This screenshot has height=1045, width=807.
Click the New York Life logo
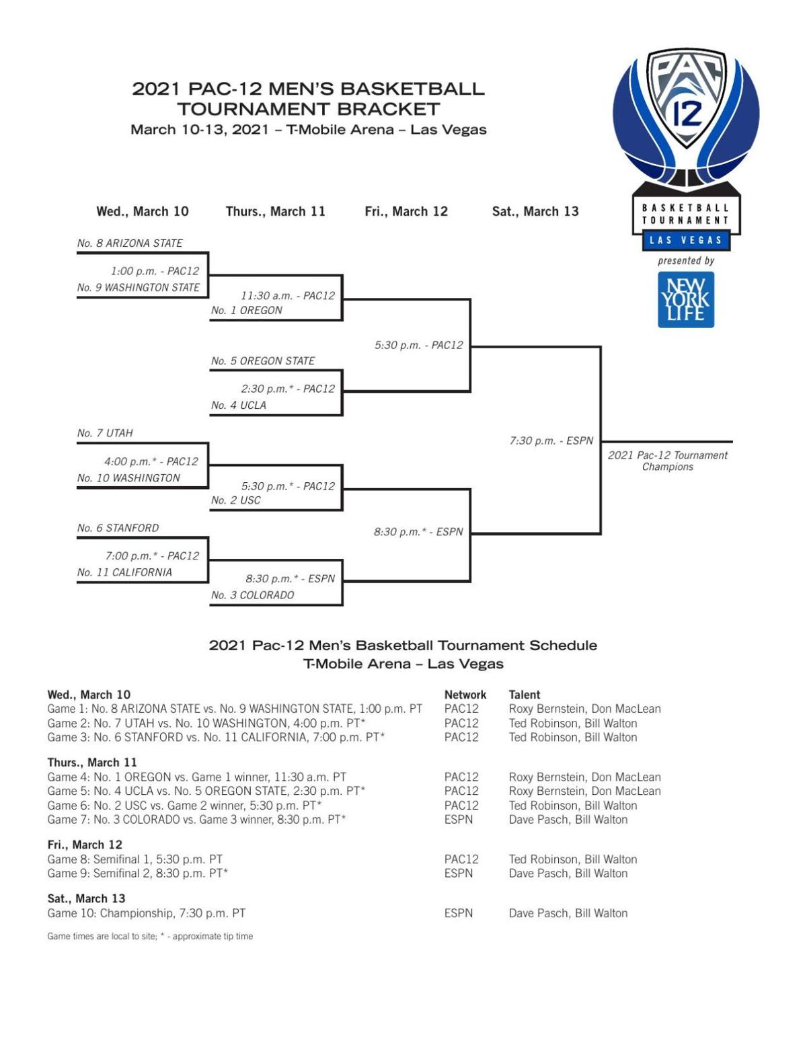(686, 299)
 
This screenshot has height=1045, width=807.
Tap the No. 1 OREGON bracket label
(246, 311)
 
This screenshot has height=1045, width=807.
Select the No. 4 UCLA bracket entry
(238, 405)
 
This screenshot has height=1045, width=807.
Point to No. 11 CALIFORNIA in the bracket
(124, 572)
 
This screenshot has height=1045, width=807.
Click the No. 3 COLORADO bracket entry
(252, 595)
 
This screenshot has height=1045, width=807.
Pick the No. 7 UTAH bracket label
(105, 433)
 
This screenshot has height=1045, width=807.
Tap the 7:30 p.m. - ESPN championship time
(551, 441)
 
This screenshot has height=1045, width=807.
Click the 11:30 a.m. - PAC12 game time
(288, 295)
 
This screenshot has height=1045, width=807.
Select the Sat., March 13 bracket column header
(535, 211)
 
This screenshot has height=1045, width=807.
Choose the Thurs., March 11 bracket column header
(276, 211)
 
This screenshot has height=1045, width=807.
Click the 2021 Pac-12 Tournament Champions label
(667, 461)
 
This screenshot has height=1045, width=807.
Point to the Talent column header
(525, 695)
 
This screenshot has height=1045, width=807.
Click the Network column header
(465, 695)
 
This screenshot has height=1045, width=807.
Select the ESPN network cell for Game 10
(458, 913)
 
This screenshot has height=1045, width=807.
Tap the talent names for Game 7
(568, 820)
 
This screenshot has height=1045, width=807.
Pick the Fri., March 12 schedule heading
(85, 845)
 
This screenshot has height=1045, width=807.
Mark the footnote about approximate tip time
(150, 936)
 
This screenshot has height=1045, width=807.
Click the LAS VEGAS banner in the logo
(685, 240)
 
